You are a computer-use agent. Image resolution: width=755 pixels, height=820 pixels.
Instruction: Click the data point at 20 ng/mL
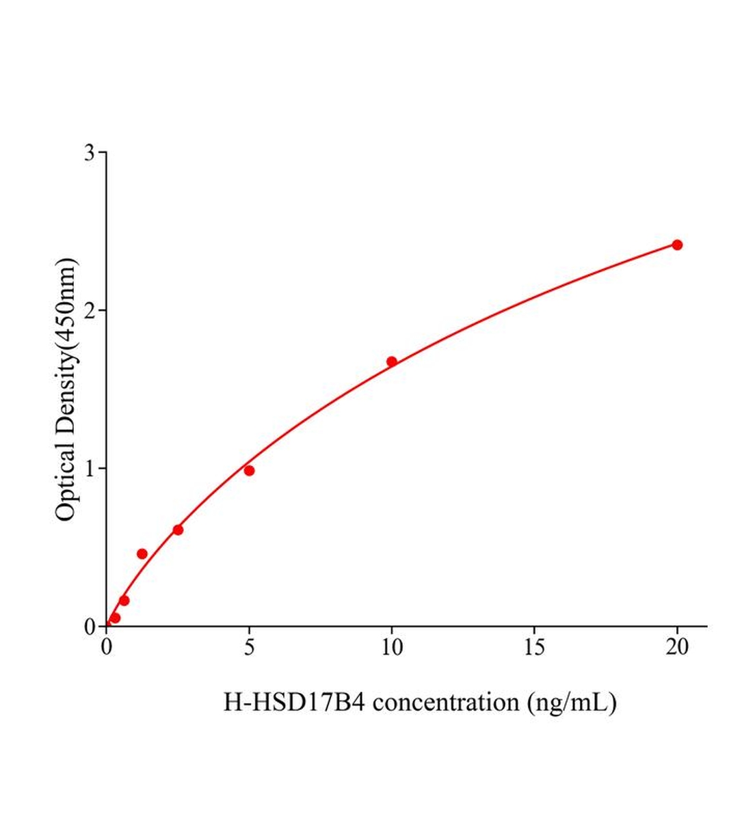coord(677,245)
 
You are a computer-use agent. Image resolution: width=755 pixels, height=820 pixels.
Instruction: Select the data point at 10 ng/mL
coord(392,361)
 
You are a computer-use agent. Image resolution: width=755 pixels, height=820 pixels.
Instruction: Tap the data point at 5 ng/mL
coord(249,470)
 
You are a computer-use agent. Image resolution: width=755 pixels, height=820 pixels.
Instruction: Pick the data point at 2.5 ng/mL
coord(178,530)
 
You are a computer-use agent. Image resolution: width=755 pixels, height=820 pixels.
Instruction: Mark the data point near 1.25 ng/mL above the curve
coord(142,553)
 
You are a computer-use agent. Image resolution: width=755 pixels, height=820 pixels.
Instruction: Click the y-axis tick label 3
coord(90,152)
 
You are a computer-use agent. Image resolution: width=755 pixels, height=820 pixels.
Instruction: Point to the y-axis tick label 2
coord(90,310)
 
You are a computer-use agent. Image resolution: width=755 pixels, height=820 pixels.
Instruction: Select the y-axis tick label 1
coord(90,468)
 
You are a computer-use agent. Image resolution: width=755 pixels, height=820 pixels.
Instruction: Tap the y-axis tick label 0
coord(90,627)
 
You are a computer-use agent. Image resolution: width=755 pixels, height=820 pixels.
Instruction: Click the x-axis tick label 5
coord(249,648)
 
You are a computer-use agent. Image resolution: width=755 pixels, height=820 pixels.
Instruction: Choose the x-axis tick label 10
coord(392,648)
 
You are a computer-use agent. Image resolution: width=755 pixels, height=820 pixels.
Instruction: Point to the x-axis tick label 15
coord(534,648)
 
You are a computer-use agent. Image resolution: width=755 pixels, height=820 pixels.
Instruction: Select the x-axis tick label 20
coord(677,648)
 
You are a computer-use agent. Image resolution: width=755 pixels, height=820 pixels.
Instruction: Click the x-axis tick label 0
coord(107,648)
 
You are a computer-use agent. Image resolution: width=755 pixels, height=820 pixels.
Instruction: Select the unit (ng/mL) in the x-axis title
coord(572,702)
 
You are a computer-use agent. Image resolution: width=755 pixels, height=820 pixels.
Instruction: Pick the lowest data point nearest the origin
coord(115,618)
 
